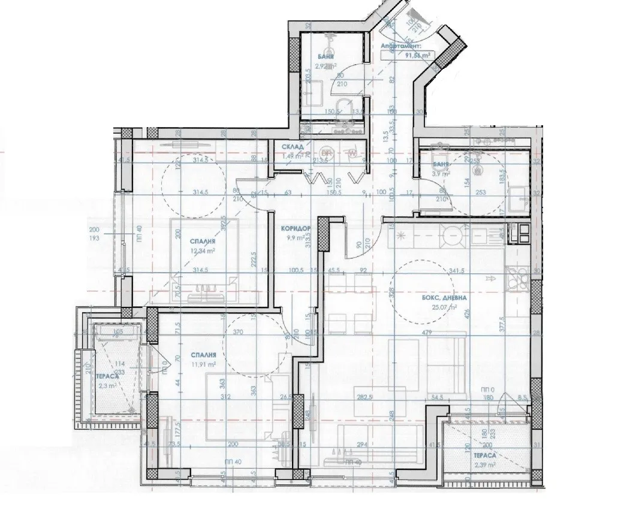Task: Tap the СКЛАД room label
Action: (x=294, y=147)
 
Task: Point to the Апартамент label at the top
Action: (x=400, y=46)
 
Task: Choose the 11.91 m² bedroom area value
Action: (x=201, y=363)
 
